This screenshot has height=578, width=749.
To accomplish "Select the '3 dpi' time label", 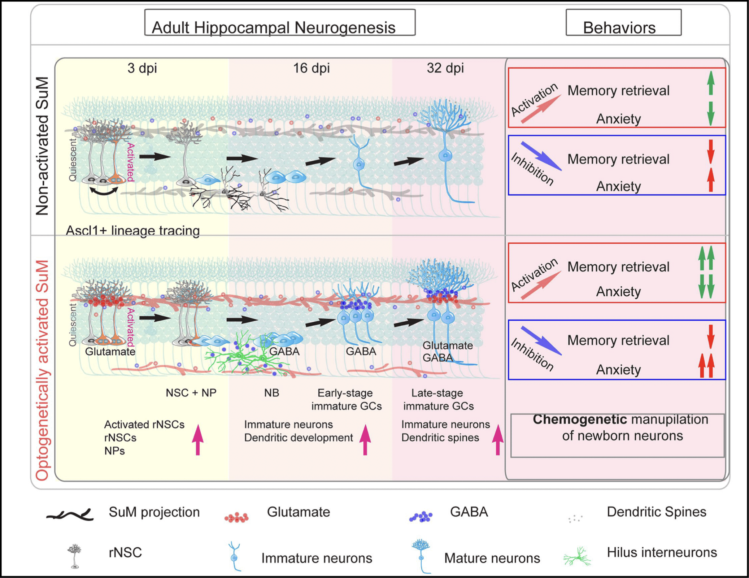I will (x=142, y=68).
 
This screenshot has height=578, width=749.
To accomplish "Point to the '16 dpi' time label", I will (x=311, y=68).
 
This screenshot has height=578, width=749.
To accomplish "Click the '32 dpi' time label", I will (x=445, y=68).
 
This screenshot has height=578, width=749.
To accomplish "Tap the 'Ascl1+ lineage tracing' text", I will (x=132, y=230).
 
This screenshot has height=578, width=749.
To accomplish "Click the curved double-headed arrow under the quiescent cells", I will (x=104, y=191).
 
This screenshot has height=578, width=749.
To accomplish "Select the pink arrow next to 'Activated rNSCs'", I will (x=197, y=439).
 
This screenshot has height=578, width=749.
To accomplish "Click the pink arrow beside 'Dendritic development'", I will (x=365, y=439).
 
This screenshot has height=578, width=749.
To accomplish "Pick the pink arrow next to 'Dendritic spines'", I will (x=498, y=439).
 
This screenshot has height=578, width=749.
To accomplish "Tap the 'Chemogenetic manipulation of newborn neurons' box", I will (x=617, y=435).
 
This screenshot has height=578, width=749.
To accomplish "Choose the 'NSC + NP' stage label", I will (x=191, y=393).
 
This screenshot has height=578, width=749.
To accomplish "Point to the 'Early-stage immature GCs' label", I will (x=346, y=399).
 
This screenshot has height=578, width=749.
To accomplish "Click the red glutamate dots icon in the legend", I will (x=236, y=517).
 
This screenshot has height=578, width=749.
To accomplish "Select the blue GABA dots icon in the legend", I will (x=421, y=517).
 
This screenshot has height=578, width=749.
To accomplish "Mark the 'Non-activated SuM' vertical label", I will (x=43, y=146).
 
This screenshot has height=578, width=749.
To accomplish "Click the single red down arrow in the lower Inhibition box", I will (x=710, y=336).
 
